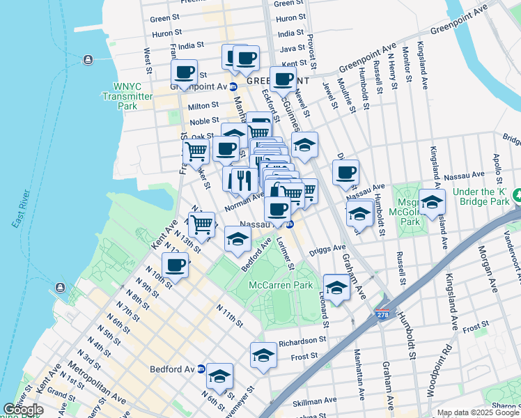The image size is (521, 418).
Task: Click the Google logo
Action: coord(23,410)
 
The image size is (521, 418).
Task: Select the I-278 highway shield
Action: coord(382,315)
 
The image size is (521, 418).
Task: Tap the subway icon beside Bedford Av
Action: coord(201,369)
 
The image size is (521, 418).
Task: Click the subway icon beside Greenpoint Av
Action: coord(234,86)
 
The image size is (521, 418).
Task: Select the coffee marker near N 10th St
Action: coord(175,265)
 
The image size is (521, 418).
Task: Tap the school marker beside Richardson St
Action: coord(263,355)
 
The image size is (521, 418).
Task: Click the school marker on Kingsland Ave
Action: coord(433,202)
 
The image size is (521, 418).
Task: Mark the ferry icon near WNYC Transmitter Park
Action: coord(88,59)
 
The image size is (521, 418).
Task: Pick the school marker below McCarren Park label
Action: coord(336,287)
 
